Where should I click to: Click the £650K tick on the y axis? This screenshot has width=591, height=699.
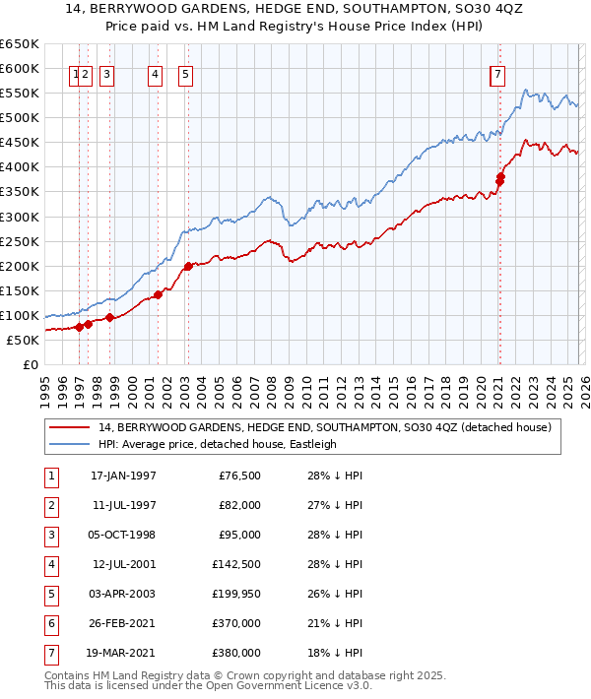[x=20, y=44]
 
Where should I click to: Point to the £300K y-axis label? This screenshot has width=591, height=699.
[x=20, y=217]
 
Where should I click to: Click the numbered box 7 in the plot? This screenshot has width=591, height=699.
[x=499, y=73]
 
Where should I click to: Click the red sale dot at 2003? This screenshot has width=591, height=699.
[x=188, y=266]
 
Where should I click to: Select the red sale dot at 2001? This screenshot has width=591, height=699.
[x=158, y=293]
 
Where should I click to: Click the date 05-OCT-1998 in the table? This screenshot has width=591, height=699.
[x=123, y=535]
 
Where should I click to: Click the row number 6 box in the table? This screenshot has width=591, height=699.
[x=49, y=623]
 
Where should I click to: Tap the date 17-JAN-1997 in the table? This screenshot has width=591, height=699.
[x=123, y=476]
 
